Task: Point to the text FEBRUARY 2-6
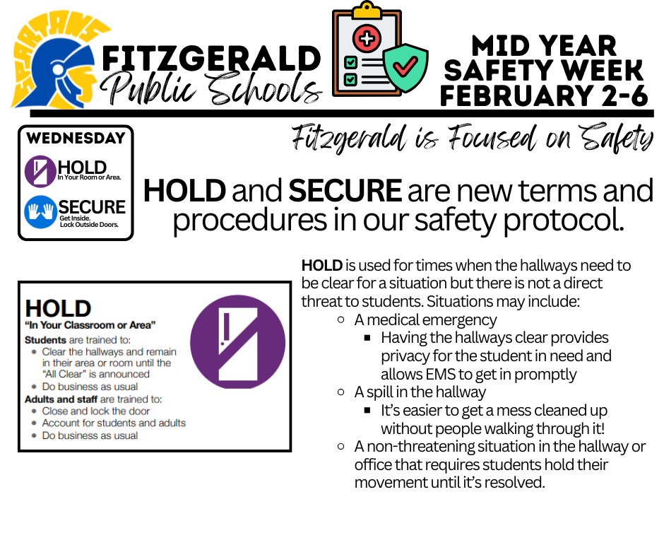pyautogui.click(x=544, y=95)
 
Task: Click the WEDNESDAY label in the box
pyautogui.click(x=75, y=139)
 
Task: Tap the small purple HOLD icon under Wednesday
pyautogui.click(x=40, y=170)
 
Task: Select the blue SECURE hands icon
pyautogui.click(x=40, y=211)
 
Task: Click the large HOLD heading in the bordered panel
pyautogui.click(x=58, y=308)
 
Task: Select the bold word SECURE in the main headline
pyautogui.click(x=345, y=191)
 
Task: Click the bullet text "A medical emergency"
pyautogui.click(x=425, y=319)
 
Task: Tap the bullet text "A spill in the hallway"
pyautogui.click(x=420, y=392)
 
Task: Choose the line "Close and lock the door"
pyautogui.click(x=96, y=411)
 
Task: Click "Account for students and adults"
pyautogui.click(x=114, y=423)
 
